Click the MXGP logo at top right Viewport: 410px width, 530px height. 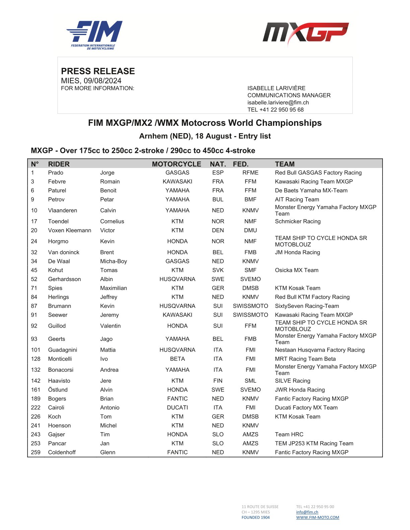point(305,33)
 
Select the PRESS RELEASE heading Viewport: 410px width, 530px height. point(98,71)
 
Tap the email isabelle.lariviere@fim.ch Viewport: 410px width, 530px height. point(278,103)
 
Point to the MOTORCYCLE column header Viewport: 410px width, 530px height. point(177,164)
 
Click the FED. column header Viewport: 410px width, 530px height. point(241,164)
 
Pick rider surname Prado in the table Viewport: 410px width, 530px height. point(56,173)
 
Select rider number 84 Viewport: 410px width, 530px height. point(34,297)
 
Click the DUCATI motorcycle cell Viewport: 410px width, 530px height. point(178,408)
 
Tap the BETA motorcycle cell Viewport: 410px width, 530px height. point(178,359)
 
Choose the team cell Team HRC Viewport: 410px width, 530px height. point(289,434)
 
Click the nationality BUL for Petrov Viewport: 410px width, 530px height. point(218,199)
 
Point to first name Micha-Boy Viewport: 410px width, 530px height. point(114,261)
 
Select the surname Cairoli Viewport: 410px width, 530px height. point(56,408)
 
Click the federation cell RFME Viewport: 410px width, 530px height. point(251,173)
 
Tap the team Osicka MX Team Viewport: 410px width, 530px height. point(297,270)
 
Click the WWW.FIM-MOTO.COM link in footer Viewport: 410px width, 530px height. point(318,517)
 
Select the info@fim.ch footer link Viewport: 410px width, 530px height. point(307,512)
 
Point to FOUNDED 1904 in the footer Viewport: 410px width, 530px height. point(256,517)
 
